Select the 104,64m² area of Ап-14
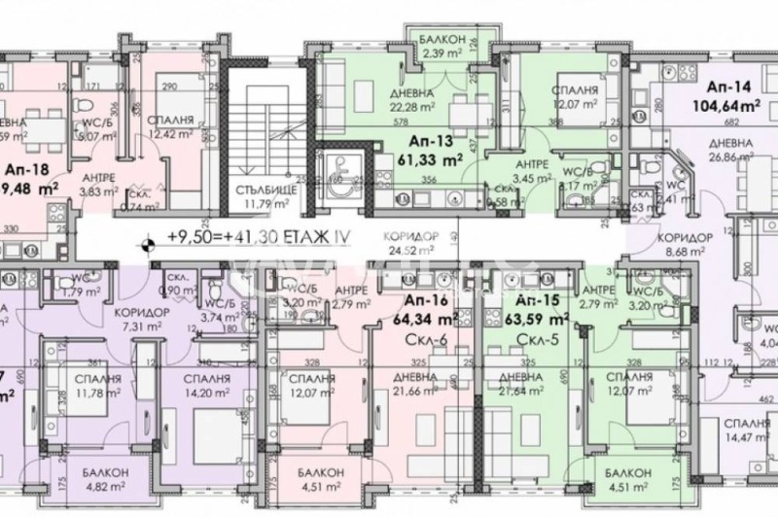tap(724, 107)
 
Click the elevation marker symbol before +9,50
tap(147, 247)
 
